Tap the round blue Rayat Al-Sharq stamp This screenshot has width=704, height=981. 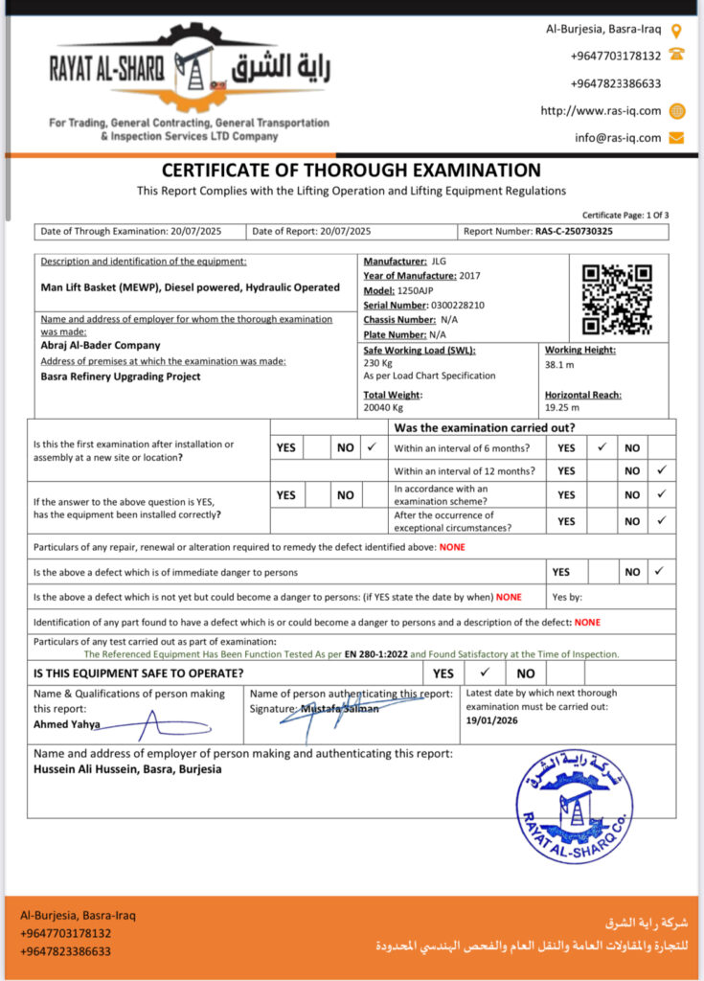574,807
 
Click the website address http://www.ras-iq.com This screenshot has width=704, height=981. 601,110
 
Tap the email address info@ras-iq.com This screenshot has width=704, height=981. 618,137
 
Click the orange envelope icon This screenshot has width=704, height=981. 676,137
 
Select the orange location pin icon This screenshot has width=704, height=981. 676,30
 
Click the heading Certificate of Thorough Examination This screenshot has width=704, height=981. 352,171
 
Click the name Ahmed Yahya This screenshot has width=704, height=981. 66,724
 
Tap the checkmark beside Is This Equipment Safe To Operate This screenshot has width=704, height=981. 485,673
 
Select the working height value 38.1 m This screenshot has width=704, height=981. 559,365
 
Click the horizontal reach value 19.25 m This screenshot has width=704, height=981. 563,407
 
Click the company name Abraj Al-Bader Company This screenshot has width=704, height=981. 101,345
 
